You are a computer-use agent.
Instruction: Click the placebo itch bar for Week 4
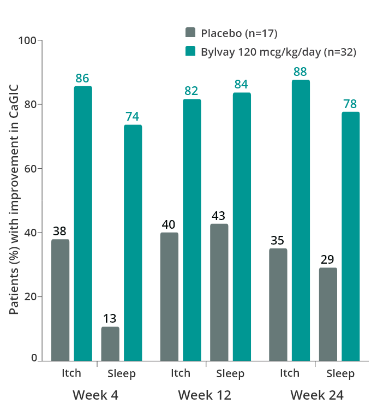click(x=60, y=300)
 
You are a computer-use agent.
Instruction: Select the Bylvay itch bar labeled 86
click(x=82, y=223)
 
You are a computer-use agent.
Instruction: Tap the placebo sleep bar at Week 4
click(x=110, y=343)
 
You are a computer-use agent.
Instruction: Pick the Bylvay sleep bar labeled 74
click(x=133, y=243)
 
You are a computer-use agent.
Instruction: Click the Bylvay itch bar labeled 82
click(x=192, y=230)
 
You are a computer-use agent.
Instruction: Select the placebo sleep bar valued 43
click(x=219, y=292)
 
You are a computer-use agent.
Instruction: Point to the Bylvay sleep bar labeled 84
click(x=242, y=227)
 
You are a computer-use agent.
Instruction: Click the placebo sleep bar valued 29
click(x=328, y=314)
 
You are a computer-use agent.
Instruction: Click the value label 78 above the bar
click(x=350, y=104)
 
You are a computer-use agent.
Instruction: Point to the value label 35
click(x=278, y=240)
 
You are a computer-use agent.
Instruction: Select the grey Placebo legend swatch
click(x=190, y=33)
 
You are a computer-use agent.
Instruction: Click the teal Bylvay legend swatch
click(x=190, y=52)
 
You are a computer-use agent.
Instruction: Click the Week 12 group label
click(x=205, y=394)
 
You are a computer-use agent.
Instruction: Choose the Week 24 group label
click(x=316, y=394)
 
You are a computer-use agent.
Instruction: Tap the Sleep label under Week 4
click(x=121, y=374)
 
